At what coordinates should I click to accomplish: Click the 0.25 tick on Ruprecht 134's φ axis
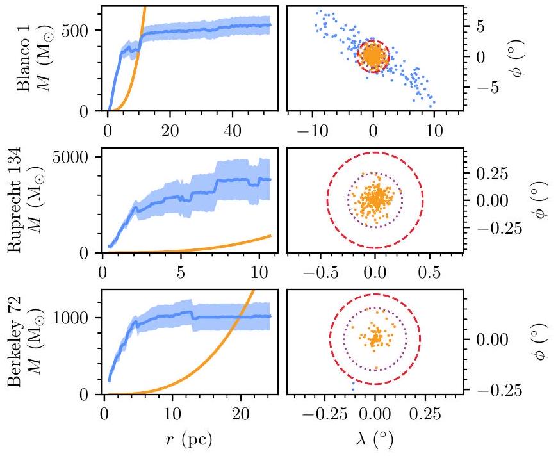point(493,174)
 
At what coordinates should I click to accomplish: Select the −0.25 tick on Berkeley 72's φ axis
point(493,389)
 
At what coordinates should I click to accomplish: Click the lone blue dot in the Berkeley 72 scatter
point(352,389)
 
